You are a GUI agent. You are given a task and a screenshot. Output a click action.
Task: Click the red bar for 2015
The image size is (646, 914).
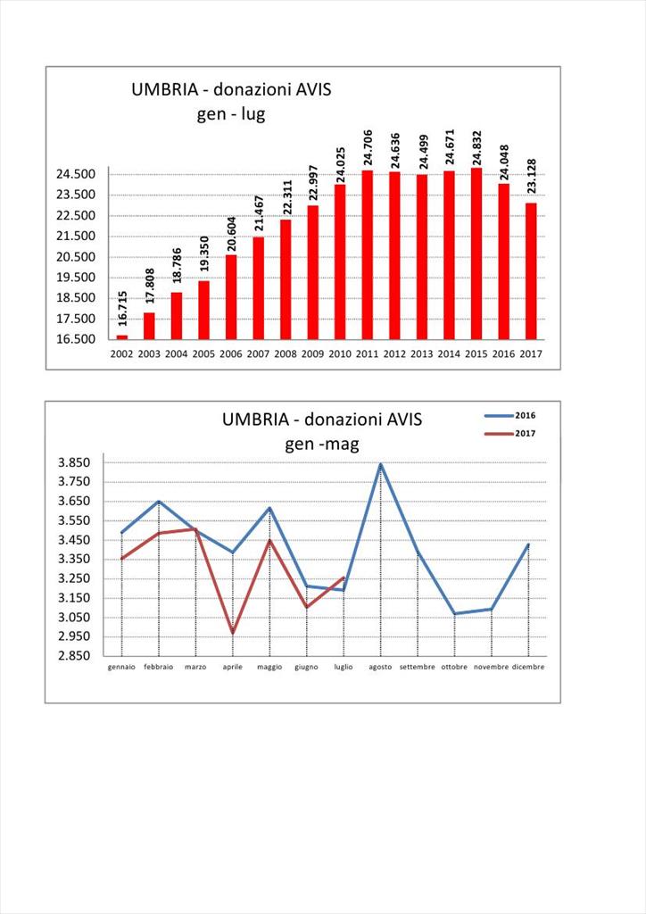tap(476, 253)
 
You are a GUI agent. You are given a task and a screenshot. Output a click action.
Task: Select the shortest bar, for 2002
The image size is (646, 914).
tap(121, 337)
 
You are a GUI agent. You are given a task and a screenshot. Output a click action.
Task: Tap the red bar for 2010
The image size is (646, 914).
tap(340, 262)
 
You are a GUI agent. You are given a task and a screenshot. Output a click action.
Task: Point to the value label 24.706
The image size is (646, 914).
tap(368, 147)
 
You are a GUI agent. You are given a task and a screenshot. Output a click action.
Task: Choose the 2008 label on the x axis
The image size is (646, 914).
tap(286, 353)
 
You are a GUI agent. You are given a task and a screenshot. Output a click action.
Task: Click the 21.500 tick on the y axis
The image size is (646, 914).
tap(76, 236)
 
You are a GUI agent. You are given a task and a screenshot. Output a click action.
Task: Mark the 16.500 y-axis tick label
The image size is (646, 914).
tap(76, 339)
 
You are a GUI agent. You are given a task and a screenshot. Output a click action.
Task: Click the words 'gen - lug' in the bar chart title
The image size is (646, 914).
tap(231, 113)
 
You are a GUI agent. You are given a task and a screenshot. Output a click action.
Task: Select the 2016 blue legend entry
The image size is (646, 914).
tap(509, 416)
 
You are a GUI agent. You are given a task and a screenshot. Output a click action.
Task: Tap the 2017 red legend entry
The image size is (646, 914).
tap(509, 434)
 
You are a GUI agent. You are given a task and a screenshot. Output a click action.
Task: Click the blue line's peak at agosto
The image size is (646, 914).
tap(380, 464)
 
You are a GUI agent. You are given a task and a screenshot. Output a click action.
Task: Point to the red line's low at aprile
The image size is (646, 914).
tap(233, 633)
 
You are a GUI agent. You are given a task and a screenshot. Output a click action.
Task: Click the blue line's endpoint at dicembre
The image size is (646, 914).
tap(528, 544)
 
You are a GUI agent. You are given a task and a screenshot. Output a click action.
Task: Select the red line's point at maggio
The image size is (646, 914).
tap(269, 540)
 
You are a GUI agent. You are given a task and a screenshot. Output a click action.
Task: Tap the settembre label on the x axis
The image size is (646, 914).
tap(417, 667)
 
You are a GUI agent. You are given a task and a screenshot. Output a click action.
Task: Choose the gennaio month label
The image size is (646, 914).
tap(121, 667)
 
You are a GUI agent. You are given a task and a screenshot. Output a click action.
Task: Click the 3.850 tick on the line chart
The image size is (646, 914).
tap(74, 463)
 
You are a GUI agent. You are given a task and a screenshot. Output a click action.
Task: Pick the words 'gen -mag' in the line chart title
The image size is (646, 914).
tap(322, 445)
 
